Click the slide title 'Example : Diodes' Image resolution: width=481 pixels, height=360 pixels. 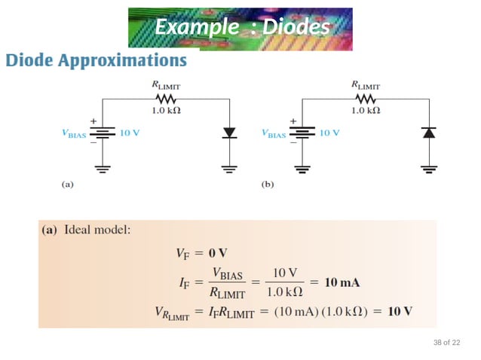coord(241,27)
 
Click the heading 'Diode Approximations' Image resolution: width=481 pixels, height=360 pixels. coord(97,59)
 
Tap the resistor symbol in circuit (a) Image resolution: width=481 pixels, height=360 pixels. coord(166,99)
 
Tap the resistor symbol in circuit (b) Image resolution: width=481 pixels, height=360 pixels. coord(366,98)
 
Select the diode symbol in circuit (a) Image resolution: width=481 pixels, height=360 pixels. coord(229,133)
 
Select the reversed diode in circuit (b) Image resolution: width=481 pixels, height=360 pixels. coord(429,133)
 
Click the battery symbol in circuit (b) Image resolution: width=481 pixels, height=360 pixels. coord(303,133)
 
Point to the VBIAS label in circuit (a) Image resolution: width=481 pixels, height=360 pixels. coord(75,134)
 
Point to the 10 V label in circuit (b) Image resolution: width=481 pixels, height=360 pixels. coord(329,133)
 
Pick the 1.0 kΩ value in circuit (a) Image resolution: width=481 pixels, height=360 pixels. coord(166,111)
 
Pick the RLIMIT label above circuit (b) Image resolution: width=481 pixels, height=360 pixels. coord(366,85)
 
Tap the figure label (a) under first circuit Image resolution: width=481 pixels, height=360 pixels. coord(67,183)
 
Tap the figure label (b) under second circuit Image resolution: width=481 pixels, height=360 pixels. coord(267,183)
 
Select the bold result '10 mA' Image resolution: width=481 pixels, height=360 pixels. coord(342,283)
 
